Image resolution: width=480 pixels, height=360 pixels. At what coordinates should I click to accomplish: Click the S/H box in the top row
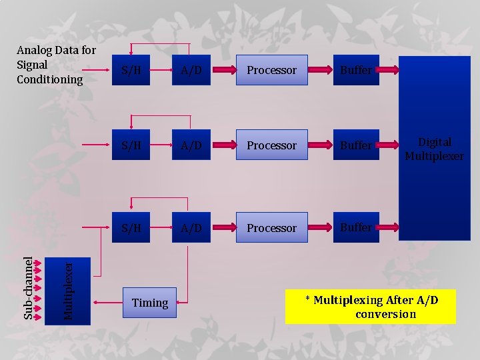coord(131,70)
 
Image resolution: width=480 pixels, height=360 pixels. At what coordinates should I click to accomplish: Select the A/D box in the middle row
coord(191,145)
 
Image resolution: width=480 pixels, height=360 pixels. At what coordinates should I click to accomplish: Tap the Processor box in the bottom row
coord(271,228)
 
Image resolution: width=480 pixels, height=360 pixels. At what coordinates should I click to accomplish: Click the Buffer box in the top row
coord(356,70)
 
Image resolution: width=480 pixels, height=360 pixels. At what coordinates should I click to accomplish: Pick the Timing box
coord(150,303)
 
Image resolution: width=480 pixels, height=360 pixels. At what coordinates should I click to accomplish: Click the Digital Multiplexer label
coord(434,149)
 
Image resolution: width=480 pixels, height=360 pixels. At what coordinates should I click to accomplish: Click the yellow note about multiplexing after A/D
coord(371,307)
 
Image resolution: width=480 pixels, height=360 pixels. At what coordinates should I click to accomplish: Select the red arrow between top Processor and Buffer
coord(321,70)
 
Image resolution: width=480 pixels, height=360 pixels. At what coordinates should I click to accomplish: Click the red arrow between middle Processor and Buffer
coord(321,145)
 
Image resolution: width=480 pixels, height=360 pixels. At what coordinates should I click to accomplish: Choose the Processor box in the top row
coord(271,70)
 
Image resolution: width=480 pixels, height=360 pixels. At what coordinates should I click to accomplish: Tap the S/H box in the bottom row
coord(131,228)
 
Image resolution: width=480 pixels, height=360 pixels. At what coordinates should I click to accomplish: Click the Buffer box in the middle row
coord(356,145)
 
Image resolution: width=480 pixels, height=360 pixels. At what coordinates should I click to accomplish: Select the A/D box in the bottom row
coord(191,228)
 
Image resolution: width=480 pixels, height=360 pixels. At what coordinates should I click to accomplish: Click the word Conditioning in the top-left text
coord(50,80)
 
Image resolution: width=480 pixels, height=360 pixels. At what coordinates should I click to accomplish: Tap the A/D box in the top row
coord(191,70)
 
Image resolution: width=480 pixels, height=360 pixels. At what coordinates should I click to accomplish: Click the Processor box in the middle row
coord(271,145)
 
